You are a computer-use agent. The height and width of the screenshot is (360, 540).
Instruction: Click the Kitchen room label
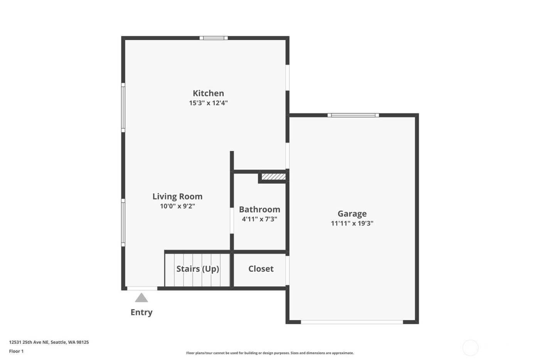pos(208,93)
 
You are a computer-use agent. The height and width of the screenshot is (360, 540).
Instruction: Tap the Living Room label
pos(177,196)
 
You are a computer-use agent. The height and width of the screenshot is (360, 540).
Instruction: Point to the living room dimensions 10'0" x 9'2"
pos(177,206)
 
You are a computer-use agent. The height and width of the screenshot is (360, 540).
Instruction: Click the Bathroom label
pos(260,210)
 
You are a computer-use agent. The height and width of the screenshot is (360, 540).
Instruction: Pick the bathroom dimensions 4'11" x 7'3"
pos(260,219)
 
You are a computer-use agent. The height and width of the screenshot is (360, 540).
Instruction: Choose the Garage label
pos(352,214)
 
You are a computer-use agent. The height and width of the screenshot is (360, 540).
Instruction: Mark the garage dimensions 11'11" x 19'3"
pos(352,223)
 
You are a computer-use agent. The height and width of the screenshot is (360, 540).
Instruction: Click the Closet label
pos(261,269)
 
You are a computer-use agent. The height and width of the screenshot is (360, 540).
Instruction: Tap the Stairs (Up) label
pos(197,269)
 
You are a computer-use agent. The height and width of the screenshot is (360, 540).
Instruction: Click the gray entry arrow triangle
pos(142,298)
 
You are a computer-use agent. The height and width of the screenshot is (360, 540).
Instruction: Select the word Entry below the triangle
pos(142,312)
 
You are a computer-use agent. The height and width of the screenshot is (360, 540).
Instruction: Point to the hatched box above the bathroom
pos(273,177)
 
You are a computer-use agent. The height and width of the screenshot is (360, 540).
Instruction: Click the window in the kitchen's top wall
pos(214,38)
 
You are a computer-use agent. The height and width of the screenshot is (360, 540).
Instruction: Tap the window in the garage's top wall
pos(353,115)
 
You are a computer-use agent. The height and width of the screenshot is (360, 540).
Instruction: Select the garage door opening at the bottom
pos(352,322)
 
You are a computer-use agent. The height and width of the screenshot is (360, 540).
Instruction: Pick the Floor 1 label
pos(16,351)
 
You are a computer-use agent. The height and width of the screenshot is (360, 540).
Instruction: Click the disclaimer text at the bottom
pos(270,353)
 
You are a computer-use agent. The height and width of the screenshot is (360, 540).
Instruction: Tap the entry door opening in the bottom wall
pos(142,288)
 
